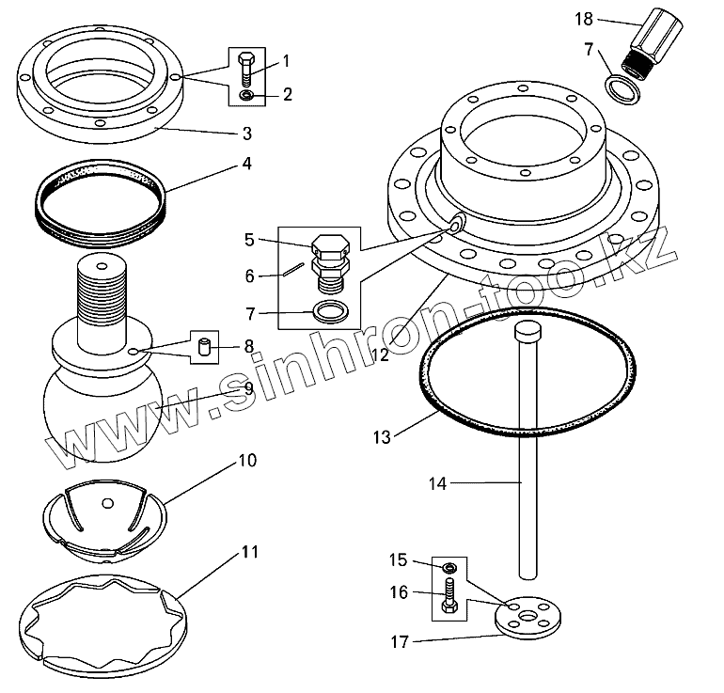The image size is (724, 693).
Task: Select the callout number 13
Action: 381,436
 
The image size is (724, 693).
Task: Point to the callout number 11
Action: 249,552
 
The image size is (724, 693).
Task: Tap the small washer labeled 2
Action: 244,95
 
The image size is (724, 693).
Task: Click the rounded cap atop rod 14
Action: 527,332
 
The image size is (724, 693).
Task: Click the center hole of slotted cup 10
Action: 110,499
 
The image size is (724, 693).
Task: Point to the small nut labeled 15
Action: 449,568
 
